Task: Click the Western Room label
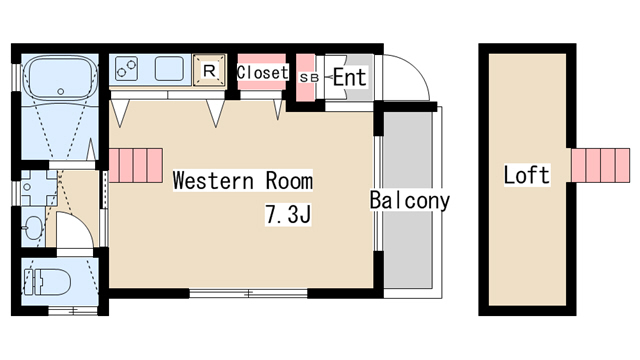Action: click(242, 180)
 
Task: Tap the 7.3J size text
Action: click(288, 214)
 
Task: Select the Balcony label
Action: click(409, 200)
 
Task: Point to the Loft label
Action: click(527, 175)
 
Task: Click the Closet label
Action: click(262, 73)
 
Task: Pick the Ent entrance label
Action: click(350, 77)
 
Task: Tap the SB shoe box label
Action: click(308, 78)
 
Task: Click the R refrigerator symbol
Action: click(209, 70)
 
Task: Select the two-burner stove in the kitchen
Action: click(126, 69)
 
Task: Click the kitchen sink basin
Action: click(169, 68)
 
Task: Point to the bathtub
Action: click(60, 78)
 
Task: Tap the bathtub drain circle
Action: click(60, 91)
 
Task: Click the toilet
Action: click(47, 282)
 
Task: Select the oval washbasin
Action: click(34, 225)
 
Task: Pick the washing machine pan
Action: click(39, 188)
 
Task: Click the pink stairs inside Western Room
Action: click(136, 165)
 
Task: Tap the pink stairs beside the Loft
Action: click(600, 165)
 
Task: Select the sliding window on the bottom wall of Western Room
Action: click(248, 293)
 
